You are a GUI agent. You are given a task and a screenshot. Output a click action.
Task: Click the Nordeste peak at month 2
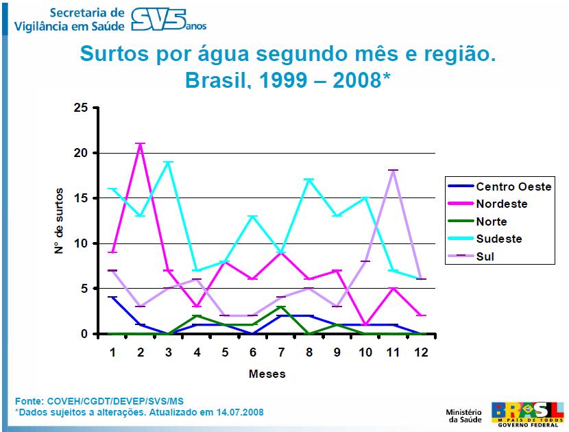tap(140, 144)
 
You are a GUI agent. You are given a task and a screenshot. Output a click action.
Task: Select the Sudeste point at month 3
tap(168, 163)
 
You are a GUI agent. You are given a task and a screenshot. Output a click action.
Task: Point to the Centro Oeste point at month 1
tap(112, 298)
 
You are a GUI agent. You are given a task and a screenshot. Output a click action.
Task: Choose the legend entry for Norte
tap(492, 221)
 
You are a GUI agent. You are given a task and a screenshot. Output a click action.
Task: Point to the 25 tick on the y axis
tap(82, 108)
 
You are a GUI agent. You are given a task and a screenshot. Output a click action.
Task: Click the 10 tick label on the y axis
tap(82, 243)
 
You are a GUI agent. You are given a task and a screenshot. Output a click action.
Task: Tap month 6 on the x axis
tap(254, 351)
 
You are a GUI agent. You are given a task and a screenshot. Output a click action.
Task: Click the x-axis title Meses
tap(267, 374)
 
